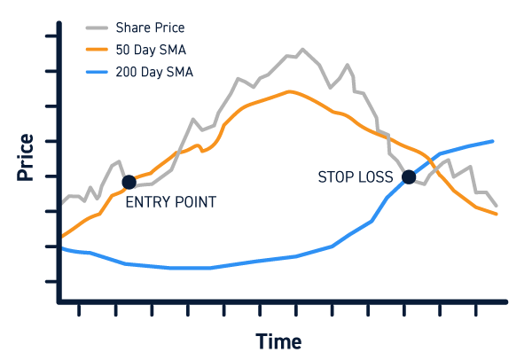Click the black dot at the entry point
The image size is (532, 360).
129,183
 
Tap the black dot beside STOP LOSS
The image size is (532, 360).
409,176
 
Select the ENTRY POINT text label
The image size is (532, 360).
170,202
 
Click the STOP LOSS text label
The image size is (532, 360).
356,177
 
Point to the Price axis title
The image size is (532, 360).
26,157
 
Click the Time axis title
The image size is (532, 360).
278,341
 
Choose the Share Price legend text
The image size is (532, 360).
150,27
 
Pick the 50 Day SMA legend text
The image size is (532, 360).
151,50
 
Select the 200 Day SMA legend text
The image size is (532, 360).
154,72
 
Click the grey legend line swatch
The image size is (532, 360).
97,27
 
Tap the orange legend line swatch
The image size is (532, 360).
97,50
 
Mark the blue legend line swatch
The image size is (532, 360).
97,72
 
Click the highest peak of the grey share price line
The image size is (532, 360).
302,50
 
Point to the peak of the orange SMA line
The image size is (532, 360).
289,91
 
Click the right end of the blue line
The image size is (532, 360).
492,141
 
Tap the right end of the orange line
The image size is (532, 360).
497,214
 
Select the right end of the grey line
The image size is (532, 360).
497,206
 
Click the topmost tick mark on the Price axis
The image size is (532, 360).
51,36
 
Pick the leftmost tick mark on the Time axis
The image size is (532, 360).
79,309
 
